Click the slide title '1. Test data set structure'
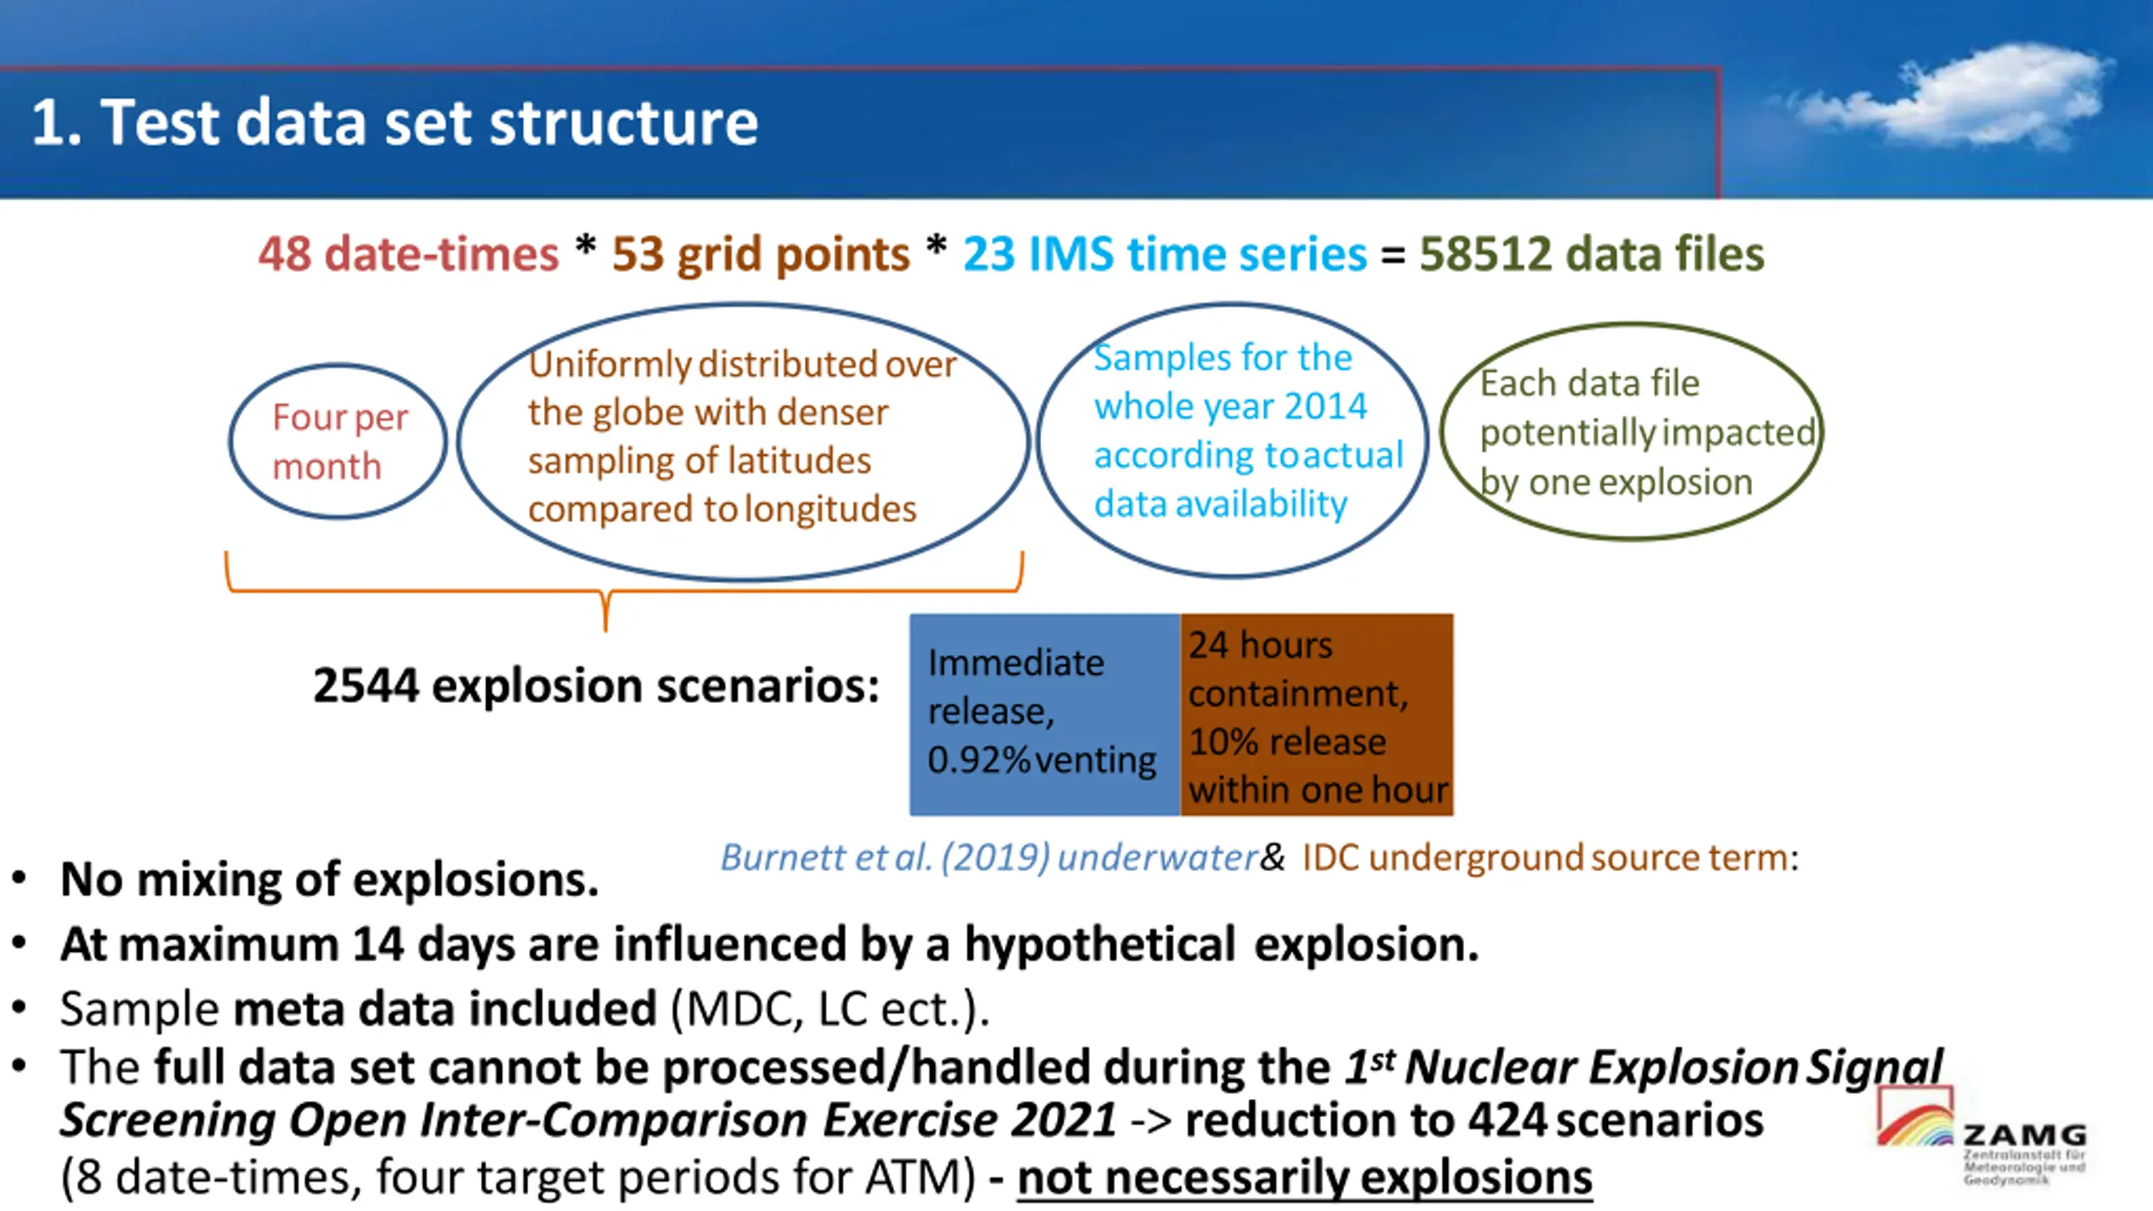tap(394, 123)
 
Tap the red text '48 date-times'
tap(408, 254)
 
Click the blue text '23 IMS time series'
tap(1165, 254)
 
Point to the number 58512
tap(1485, 254)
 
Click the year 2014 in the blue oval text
tap(1325, 407)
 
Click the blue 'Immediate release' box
tap(1045, 714)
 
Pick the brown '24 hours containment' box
tap(1317, 714)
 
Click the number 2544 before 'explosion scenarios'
tap(366, 685)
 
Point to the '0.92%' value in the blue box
tap(979, 760)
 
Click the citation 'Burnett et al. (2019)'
tap(885, 858)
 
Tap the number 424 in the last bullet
tap(1507, 1120)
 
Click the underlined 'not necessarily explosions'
tap(1304, 1178)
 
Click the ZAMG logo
tap(1981, 1135)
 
